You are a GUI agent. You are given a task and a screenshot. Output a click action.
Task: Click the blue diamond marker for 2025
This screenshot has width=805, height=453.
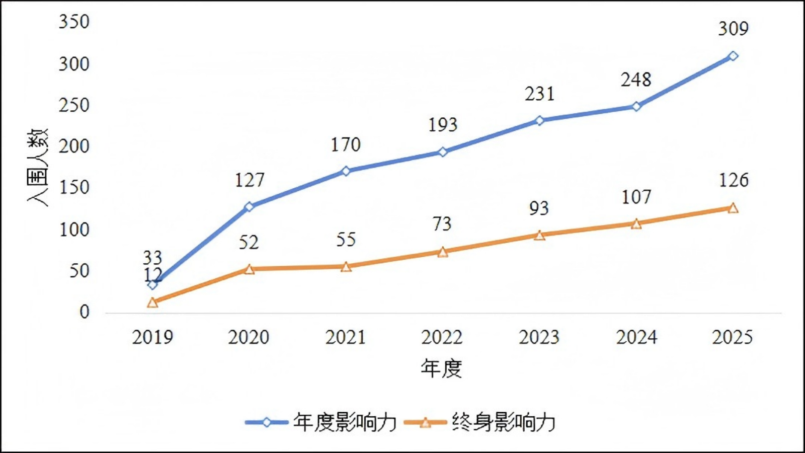pos(733,56)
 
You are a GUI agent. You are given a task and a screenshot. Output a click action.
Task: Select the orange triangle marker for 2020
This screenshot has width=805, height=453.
pos(249,269)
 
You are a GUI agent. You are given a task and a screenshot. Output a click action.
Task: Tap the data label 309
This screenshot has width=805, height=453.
pos(733,29)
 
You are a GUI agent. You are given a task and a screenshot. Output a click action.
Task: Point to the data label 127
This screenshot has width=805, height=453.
pos(250,180)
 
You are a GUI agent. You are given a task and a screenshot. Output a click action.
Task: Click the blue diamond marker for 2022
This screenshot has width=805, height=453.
pos(443,152)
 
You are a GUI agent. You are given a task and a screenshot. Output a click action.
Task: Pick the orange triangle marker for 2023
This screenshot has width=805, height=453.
pos(539,236)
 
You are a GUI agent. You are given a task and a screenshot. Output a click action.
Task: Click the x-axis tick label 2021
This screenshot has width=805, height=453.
pos(346,337)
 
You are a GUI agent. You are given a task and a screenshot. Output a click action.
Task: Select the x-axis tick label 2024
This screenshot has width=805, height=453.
pos(636,337)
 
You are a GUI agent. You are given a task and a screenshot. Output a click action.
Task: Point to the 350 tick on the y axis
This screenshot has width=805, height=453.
pos(74,22)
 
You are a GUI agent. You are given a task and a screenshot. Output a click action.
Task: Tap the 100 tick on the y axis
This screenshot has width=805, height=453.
pos(74,230)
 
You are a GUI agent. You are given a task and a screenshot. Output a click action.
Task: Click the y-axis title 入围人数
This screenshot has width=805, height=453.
pos(38,167)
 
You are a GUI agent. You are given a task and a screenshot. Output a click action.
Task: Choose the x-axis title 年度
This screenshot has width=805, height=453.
pos(441,368)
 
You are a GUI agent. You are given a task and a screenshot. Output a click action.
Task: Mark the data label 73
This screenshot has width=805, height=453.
pos(442,224)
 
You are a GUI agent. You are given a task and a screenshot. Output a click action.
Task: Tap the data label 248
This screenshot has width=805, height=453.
pos(636,80)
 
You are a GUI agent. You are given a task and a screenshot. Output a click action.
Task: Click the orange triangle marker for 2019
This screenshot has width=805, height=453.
pos(152,303)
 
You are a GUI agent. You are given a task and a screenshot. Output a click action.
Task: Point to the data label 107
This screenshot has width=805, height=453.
pos(636,197)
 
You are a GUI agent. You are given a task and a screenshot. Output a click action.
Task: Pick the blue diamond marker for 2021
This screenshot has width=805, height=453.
pos(346,171)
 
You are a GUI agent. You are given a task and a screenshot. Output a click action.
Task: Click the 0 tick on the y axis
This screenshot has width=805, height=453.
pos(84,312)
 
